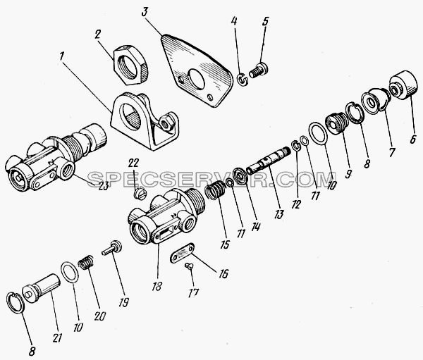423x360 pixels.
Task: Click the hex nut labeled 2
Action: click(131, 65)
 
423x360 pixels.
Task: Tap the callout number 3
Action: click(145, 13)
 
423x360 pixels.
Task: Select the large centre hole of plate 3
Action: click(197, 79)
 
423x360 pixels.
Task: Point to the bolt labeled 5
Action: click(259, 70)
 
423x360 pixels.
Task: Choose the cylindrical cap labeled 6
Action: click(403, 85)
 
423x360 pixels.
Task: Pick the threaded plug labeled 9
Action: click(336, 123)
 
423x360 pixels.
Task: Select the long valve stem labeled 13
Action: click(269, 161)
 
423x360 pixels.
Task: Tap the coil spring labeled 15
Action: click(215, 190)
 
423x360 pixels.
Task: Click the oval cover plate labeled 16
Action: click(183, 252)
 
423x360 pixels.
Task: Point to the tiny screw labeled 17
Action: click(189, 266)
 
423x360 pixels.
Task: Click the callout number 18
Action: click(157, 286)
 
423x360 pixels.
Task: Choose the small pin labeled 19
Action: click(111, 247)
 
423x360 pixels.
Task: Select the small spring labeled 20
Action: click(86, 262)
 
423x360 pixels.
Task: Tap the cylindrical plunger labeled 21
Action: click(41, 288)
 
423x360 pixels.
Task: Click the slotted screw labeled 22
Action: click(140, 193)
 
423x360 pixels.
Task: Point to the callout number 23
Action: click(103, 185)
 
